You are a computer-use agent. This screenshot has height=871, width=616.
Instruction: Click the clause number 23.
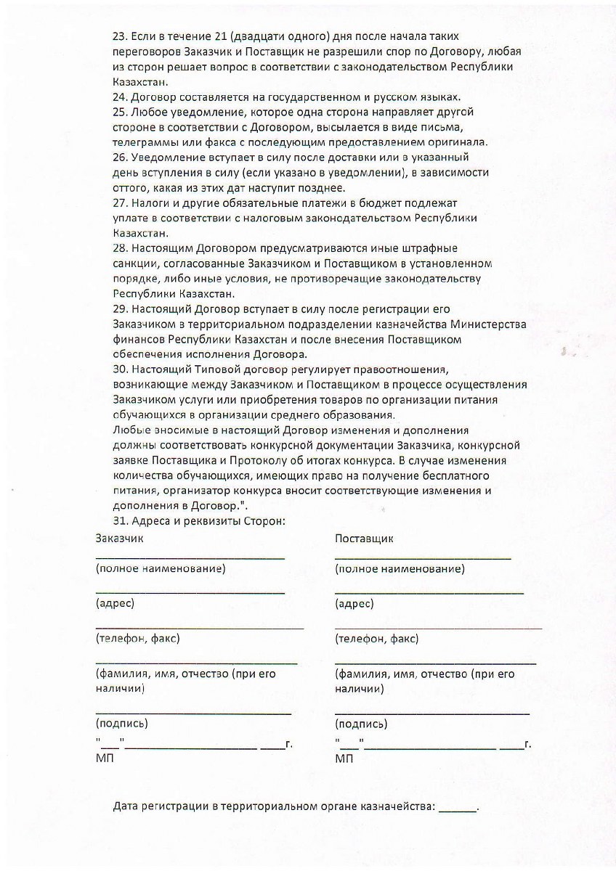(120, 36)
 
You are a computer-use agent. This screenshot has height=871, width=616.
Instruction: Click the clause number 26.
(120, 157)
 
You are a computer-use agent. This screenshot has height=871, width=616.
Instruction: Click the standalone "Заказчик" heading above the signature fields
(120, 539)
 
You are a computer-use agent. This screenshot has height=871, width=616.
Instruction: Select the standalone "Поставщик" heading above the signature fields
(364, 539)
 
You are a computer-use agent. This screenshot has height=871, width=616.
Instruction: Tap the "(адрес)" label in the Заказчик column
(115, 603)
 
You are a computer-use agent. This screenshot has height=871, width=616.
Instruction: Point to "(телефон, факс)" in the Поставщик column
(376, 639)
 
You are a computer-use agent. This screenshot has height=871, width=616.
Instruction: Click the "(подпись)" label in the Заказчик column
(121, 724)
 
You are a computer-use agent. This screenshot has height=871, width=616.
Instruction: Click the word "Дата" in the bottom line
(127, 807)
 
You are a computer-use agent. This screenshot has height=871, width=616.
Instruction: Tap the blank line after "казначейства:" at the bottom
(458, 809)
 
